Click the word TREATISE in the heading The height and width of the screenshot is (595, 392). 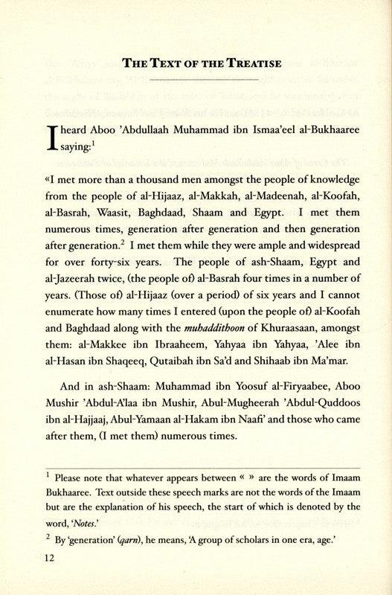tap(249, 62)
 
